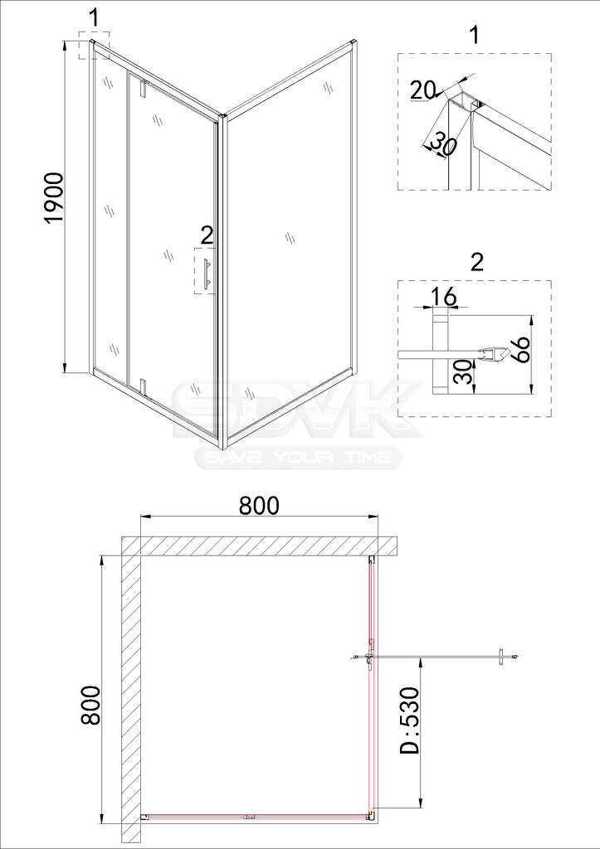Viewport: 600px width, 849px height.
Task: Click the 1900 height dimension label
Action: coord(55,197)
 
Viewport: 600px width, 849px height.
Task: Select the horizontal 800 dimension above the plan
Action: coord(259,505)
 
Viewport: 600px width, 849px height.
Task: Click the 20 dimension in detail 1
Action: coord(422,90)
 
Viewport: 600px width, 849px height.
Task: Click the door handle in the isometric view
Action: coord(206,274)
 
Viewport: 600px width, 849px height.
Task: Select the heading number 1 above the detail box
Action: coord(474,35)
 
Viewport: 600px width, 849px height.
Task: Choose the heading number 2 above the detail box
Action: coord(476,263)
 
